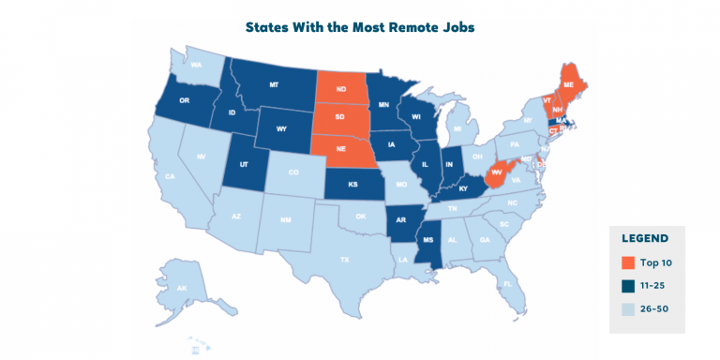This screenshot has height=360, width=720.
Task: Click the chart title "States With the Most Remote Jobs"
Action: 360,27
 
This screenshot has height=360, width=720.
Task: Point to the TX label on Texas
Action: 345,259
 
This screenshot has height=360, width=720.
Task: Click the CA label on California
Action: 171,176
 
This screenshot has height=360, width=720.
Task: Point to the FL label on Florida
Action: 507,282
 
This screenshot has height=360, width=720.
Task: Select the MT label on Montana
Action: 275,85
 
